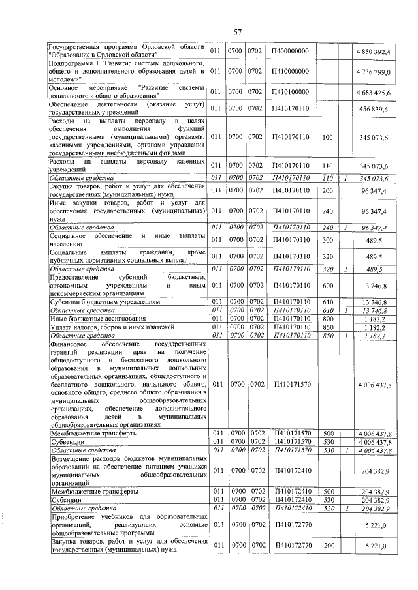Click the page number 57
click(238, 31)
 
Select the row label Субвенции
click(67, 442)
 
